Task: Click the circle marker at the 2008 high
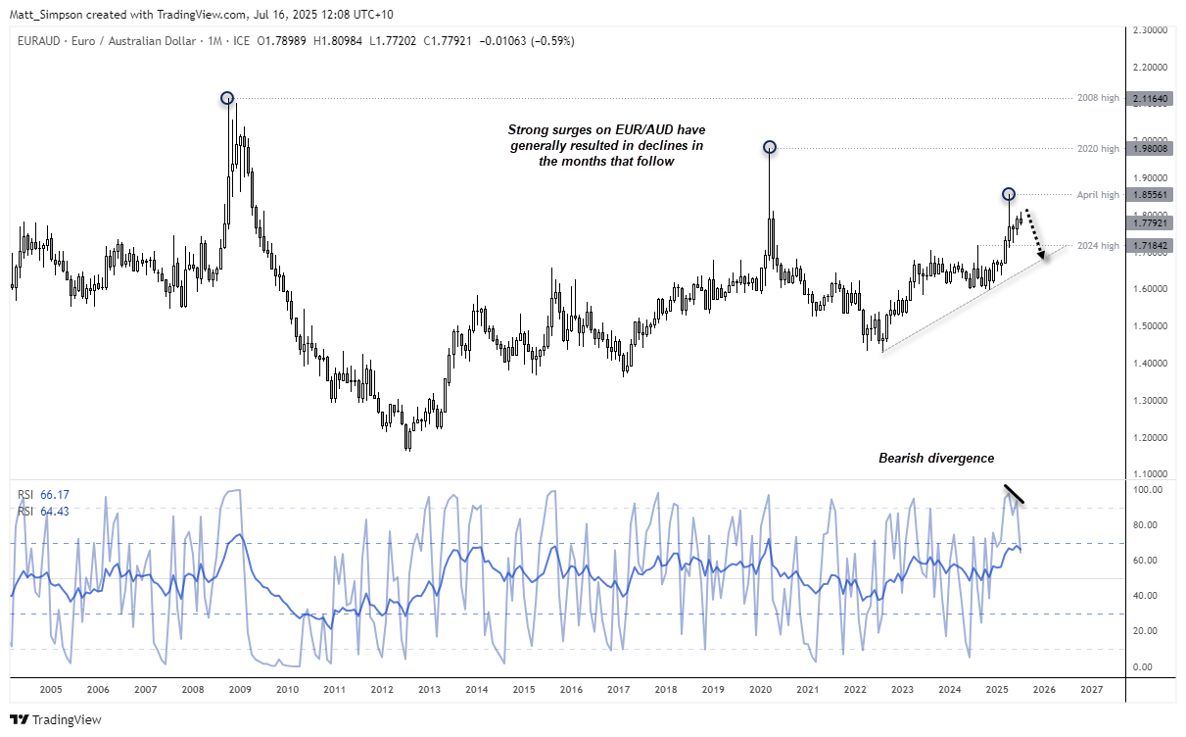[x=227, y=98]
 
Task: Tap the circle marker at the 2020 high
[x=770, y=147]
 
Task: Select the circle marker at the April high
[x=1009, y=194]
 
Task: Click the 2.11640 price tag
[x=1150, y=99]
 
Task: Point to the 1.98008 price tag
[x=1150, y=148]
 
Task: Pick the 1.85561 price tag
[x=1150, y=195]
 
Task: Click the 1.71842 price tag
[x=1150, y=245]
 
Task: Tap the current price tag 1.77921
[x=1150, y=223]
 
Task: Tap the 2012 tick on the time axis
[x=382, y=690]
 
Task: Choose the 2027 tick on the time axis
[x=1090, y=690]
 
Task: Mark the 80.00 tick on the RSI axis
[x=1148, y=525]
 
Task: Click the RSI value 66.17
[x=53, y=494]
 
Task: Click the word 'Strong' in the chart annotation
[x=527, y=130]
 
